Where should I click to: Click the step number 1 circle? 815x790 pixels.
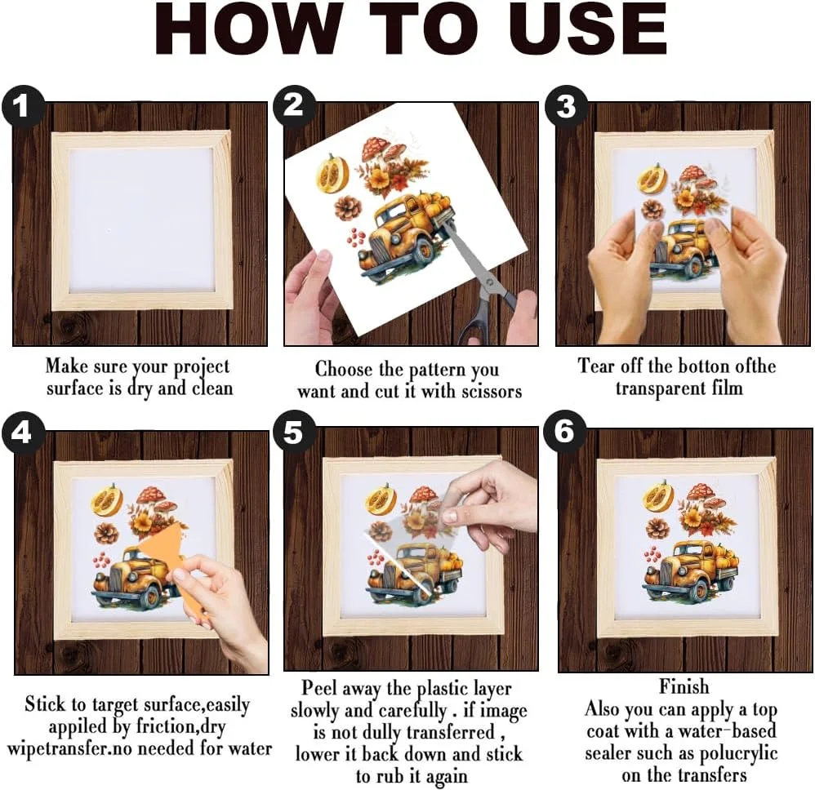[21, 106]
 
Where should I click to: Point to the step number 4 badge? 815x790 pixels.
[21, 433]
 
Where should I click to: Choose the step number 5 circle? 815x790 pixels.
[294, 432]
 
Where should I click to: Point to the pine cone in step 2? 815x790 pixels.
[348, 206]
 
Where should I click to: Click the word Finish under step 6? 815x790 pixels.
[684, 686]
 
